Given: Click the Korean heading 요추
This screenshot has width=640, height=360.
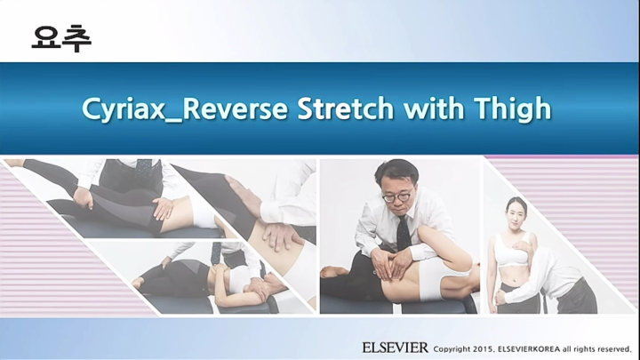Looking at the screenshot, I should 61,36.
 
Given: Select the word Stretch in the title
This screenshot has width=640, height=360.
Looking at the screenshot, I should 345,108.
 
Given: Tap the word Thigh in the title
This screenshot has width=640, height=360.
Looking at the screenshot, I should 515,109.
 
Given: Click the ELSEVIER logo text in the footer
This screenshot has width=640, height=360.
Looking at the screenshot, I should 395,347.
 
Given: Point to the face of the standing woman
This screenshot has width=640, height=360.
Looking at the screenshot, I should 516,212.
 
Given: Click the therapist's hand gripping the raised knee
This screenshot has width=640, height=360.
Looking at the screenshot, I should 162,209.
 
